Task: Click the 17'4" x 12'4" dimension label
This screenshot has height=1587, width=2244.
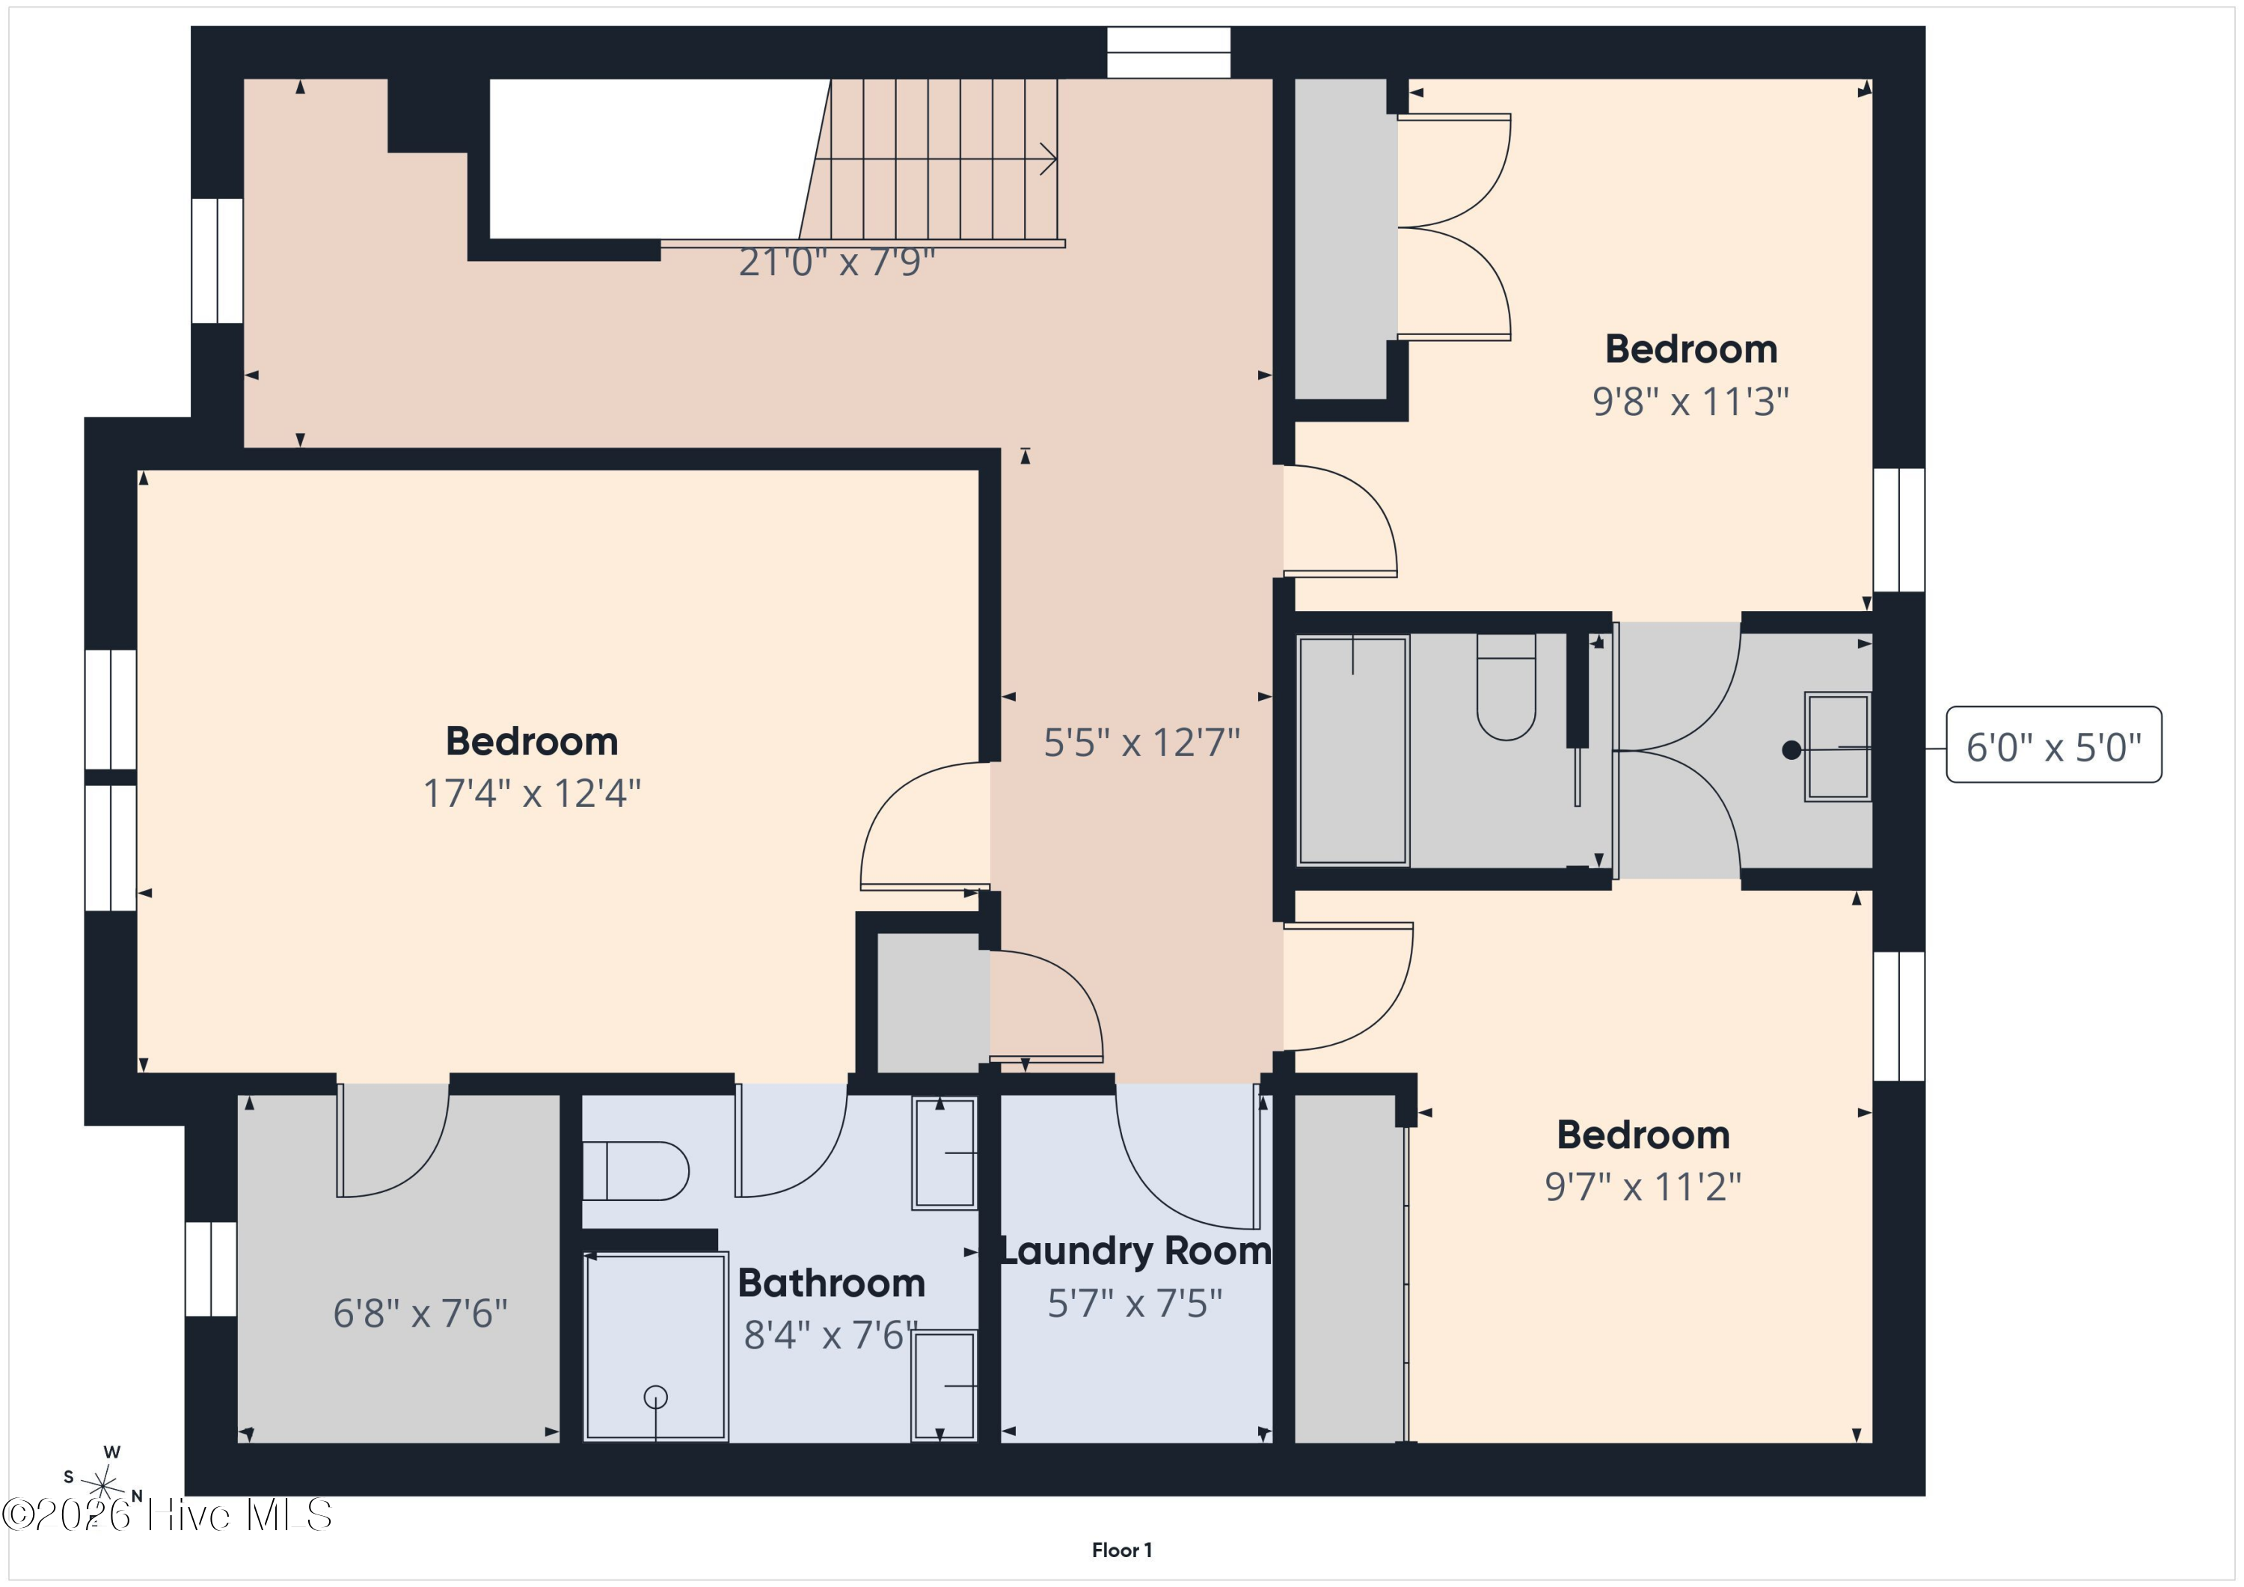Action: click(532, 793)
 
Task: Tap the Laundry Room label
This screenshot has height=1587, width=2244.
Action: click(1135, 1251)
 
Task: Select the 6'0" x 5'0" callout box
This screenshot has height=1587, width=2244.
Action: click(2053, 745)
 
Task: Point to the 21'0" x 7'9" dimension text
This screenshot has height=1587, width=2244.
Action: click(836, 262)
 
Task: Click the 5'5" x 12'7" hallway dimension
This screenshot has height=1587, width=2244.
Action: click(1141, 743)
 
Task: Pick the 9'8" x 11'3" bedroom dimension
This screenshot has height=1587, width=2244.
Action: click(1690, 402)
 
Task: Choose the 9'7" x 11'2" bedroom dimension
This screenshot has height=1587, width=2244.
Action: click(1643, 1186)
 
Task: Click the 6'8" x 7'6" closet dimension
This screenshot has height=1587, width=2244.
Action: click(420, 1313)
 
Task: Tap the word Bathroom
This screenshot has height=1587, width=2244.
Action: click(831, 1283)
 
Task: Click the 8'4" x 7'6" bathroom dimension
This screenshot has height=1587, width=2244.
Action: click(831, 1335)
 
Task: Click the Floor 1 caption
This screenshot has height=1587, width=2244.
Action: click(1122, 1550)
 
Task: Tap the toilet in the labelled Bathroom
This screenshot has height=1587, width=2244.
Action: click(635, 1170)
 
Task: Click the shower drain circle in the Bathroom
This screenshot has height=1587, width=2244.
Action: click(656, 1398)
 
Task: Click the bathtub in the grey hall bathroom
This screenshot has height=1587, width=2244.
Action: click(1352, 751)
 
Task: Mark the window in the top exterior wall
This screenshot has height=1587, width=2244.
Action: click(1168, 52)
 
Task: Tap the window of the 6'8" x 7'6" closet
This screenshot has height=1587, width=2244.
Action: click(211, 1268)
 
